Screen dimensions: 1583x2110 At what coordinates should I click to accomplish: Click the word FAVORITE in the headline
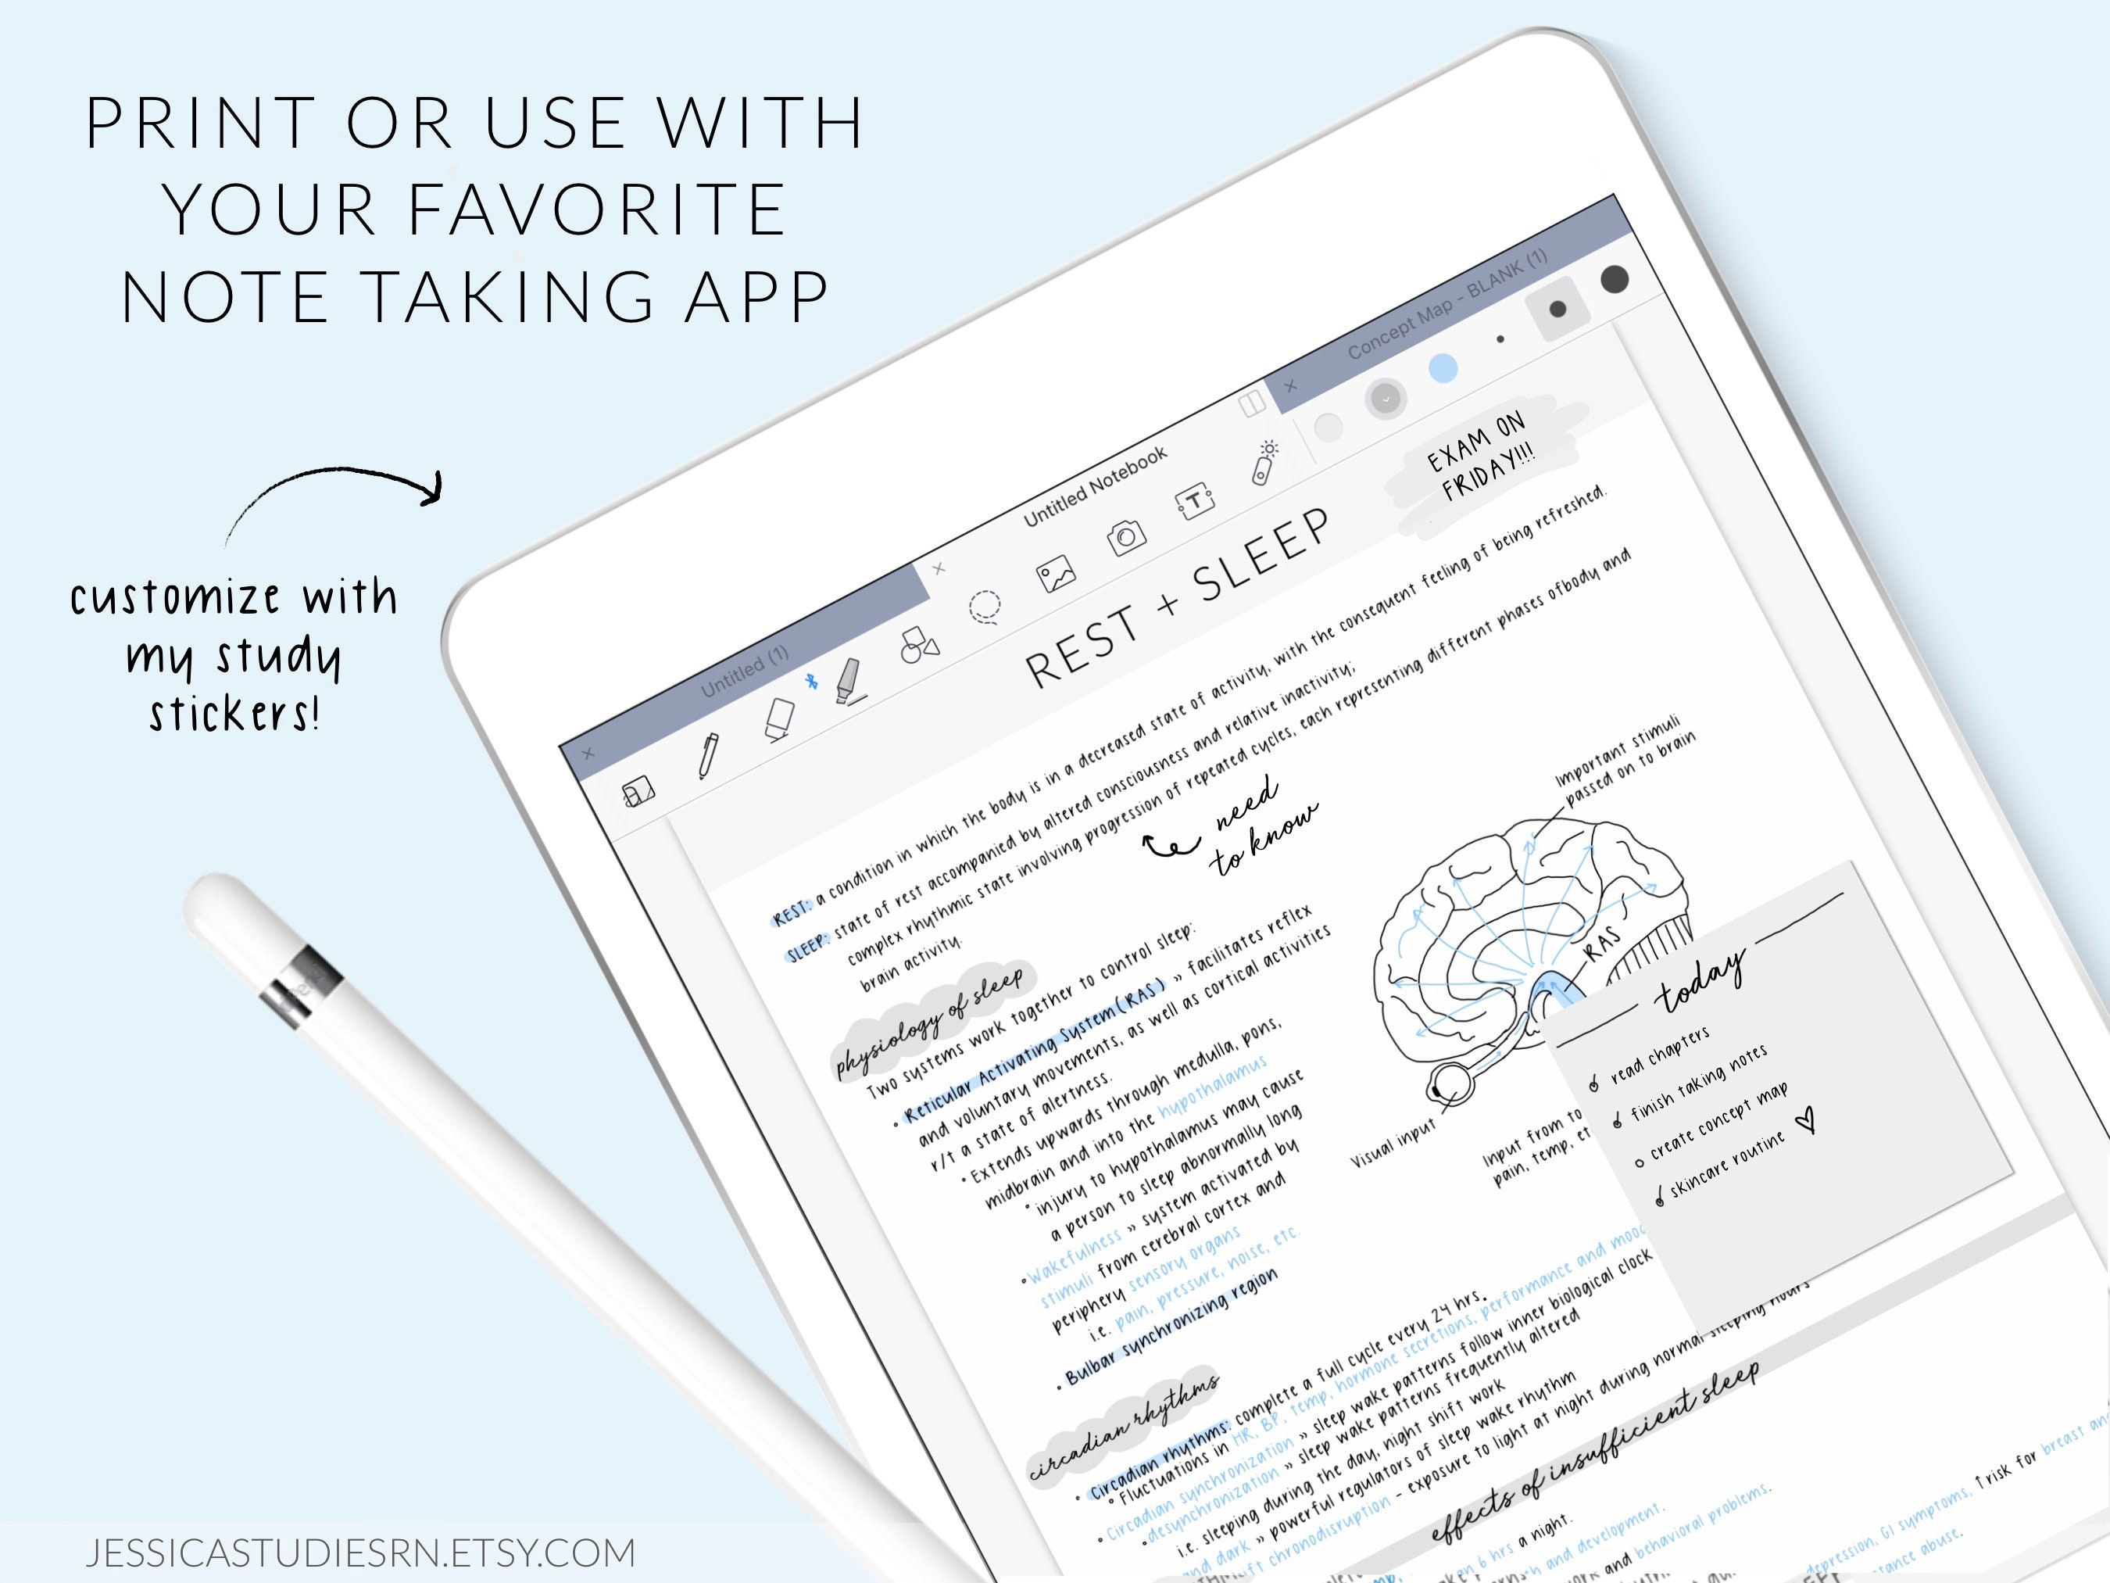(597, 210)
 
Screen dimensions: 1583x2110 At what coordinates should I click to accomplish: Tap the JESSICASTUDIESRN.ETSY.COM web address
(360, 1553)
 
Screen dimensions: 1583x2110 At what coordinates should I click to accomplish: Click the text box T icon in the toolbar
(1193, 502)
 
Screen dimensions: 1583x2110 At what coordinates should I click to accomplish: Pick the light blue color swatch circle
(1443, 368)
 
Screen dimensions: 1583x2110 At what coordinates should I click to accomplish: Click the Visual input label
(1393, 1144)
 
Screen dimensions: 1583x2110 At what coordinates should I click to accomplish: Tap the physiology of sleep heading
(930, 1020)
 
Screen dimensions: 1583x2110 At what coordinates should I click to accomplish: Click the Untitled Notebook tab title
(1095, 487)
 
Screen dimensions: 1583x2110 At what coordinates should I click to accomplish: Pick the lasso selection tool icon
(985, 607)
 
